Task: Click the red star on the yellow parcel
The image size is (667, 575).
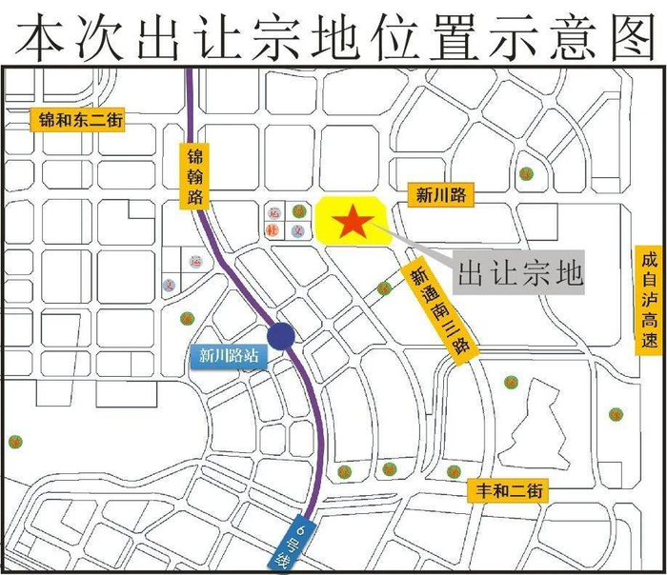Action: point(353,223)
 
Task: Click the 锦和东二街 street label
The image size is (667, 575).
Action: point(81,121)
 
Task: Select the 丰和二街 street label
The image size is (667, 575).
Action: point(507,491)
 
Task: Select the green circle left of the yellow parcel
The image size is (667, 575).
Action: point(298,210)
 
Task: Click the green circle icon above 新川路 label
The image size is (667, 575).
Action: point(526,174)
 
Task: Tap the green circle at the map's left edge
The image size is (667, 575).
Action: point(14,441)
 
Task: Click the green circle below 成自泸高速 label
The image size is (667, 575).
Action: point(616,414)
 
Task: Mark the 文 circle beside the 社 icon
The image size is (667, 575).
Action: point(297,230)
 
